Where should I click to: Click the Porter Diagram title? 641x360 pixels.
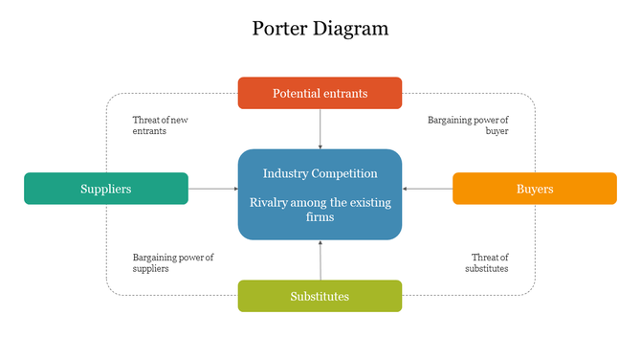tap(320, 28)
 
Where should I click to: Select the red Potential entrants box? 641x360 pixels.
tap(320, 93)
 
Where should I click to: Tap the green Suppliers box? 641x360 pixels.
tap(105, 189)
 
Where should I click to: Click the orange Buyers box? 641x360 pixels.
tap(534, 189)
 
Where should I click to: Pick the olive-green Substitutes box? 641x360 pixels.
tap(320, 296)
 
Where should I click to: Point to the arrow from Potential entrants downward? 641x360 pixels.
tap(320, 128)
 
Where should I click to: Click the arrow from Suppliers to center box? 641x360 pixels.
tap(212, 189)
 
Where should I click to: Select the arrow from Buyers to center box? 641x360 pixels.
tap(427, 189)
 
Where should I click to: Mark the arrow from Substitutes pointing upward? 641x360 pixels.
tap(320, 259)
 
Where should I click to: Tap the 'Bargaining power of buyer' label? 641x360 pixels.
tap(468, 125)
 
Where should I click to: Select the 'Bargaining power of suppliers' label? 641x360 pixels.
tap(172, 263)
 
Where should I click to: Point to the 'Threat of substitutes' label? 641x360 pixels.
tap(487, 263)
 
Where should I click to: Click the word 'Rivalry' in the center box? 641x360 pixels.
tap(270, 203)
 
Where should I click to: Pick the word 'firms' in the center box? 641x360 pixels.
tap(320, 217)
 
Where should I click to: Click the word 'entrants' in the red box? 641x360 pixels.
tap(345, 93)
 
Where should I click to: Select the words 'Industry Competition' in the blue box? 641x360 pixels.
tap(320, 173)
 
